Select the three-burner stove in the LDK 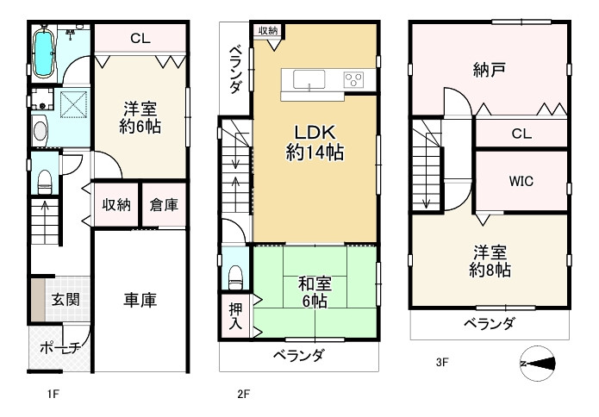click(x=353, y=80)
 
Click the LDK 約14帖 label click(x=315, y=143)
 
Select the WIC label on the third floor click(x=521, y=182)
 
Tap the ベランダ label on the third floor click(x=489, y=325)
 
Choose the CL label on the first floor click(x=142, y=38)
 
